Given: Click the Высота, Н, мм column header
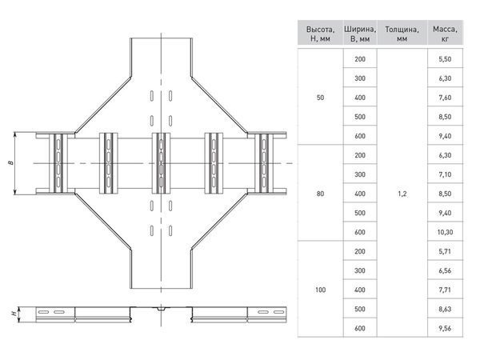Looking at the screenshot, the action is pos(320,34).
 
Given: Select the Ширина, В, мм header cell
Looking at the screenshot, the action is pos(360,34).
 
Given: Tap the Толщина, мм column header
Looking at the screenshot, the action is pos(402,34).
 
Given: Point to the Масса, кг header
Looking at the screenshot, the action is pos(445,34).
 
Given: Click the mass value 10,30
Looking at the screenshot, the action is pos(445,232).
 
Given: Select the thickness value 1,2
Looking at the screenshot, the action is pos(402,194).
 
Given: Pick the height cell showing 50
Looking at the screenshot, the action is pos(320,98).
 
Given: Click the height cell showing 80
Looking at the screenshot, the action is pos(320,194).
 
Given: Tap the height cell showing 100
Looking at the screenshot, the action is pos(320,290).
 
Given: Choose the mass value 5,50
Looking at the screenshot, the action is pos(445,59).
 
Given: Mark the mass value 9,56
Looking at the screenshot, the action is pos(445,328).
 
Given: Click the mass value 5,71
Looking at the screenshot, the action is pos(445,251).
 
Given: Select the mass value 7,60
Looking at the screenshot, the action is pos(445,98).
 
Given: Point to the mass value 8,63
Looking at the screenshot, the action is pos(445,309).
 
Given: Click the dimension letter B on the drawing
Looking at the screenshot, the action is pos(11,163).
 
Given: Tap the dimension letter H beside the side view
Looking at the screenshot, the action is pos(14,314).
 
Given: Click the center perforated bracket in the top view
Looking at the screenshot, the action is pos(161,163).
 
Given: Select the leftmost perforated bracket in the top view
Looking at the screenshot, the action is pos(58,163).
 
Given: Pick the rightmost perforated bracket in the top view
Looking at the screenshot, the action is pos(264,163).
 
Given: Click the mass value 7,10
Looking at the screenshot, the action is pos(445,174).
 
